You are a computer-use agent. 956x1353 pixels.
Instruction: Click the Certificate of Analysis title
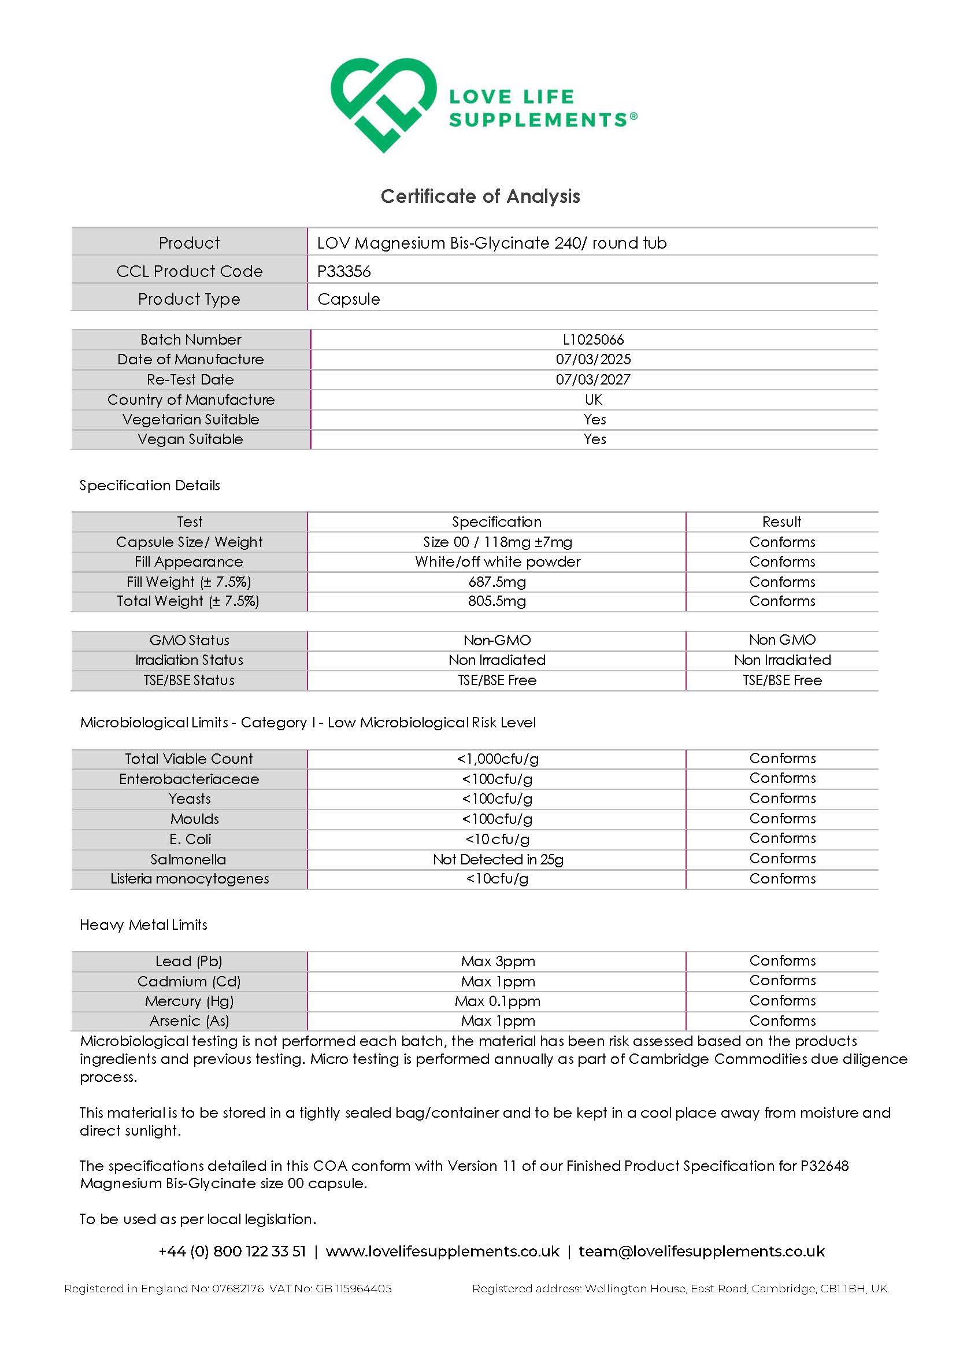pyautogui.click(x=480, y=196)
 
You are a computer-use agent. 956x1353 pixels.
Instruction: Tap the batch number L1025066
pyautogui.click(x=593, y=339)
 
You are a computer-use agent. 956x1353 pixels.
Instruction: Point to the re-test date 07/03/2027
pyautogui.click(x=593, y=379)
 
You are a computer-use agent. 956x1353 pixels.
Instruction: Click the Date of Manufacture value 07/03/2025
pyautogui.click(x=593, y=360)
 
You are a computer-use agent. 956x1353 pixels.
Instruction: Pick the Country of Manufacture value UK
pyautogui.click(x=593, y=400)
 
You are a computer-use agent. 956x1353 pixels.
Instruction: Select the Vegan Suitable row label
pyautogui.click(x=190, y=439)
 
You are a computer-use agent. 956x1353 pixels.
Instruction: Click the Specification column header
pyautogui.click(x=496, y=522)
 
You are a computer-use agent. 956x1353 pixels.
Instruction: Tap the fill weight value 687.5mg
pyautogui.click(x=496, y=582)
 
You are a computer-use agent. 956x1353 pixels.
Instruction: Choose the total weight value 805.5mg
pyautogui.click(x=496, y=601)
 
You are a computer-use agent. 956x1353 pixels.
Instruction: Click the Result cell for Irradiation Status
pyautogui.click(x=781, y=660)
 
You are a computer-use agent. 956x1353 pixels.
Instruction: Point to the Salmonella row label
pyautogui.click(x=188, y=859)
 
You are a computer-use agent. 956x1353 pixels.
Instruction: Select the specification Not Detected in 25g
pyautogui.click(x=498, y=859)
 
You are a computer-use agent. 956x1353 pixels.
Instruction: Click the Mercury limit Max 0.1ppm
pyautogui.click(x=497, y=1001)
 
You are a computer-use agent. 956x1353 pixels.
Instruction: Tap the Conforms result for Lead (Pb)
pyautogui.click(x=781, y=961)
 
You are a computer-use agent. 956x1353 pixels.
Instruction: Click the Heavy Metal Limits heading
pyautogui.click(x=143, y=925)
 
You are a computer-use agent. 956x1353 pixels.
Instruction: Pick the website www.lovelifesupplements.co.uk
pyautogui.click(x=442, y=1251)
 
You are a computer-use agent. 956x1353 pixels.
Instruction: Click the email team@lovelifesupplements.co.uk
pyautogui.click(x=702, y=1251)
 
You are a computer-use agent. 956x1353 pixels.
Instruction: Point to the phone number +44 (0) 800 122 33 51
pyautogui.click(x=232, y=1251)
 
